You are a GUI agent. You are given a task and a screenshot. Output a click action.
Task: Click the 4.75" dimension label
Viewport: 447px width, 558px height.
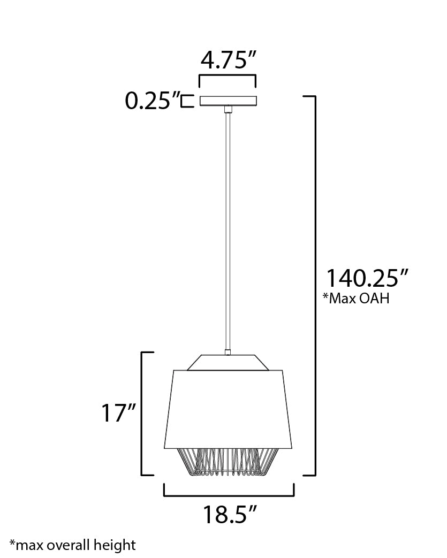tap(228, 60)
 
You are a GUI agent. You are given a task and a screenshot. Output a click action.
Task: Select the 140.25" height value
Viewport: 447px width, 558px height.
tap(367, 278)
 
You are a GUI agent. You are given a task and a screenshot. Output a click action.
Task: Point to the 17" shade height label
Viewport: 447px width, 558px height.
tap(119, 413)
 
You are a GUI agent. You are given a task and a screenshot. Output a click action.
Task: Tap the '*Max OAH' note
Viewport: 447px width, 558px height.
tap(356, 298)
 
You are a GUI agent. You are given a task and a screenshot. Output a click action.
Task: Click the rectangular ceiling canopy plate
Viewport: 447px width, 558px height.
tap(228, 101)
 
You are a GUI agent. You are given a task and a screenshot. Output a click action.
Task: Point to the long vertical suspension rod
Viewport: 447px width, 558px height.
tap(227, 231)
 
